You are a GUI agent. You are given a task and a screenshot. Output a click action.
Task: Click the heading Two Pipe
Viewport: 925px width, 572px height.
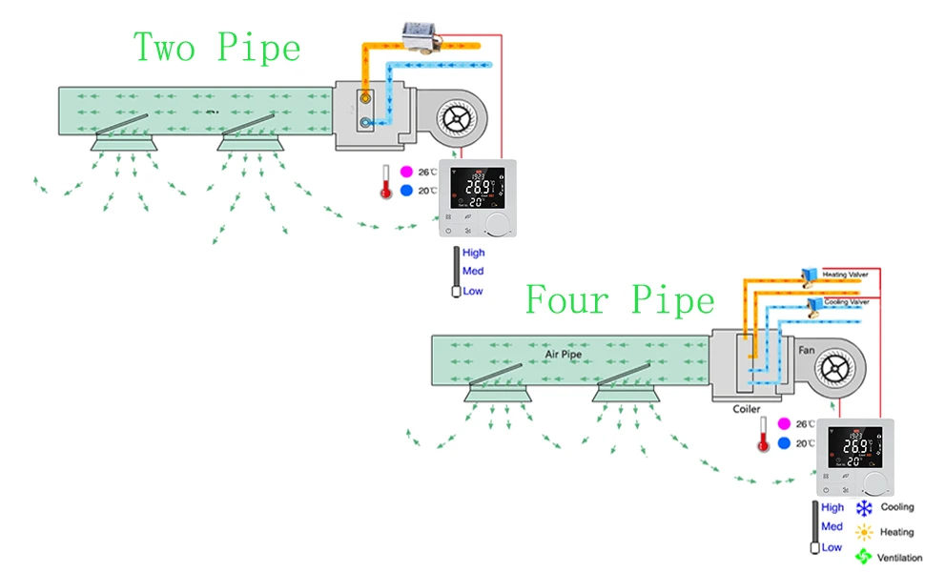[216, 48]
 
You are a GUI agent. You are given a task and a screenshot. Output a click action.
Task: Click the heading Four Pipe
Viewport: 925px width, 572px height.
[620, 301]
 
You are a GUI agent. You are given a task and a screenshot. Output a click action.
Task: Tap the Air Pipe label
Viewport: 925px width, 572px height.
[564, 355]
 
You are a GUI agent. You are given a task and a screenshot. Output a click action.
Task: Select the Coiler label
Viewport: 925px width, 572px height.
[746, 409]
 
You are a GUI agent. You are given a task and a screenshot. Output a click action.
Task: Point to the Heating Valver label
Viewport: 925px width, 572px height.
[846, 274]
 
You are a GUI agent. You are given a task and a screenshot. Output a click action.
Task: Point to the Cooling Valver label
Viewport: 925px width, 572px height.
[846, 301]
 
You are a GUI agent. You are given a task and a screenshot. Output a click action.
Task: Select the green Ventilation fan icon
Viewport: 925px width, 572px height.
[864, 557]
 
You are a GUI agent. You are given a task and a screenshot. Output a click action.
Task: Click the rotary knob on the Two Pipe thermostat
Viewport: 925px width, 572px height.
[496, 225]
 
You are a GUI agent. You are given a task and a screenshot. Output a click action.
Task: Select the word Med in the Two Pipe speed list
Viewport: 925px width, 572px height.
[473, 272]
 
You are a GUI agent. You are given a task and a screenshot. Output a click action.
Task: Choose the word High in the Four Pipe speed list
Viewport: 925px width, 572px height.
[832, 508]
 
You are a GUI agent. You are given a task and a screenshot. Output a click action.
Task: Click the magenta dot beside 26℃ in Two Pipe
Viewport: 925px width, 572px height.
[405, 172]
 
